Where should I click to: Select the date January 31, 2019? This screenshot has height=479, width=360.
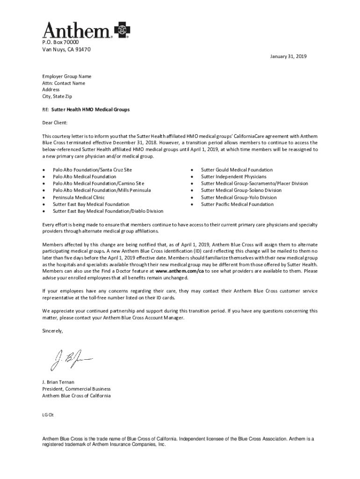click(288, 57)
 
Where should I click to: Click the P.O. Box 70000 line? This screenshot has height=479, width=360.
click(58, 42)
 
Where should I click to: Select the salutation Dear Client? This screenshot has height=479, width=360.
click(55, 123)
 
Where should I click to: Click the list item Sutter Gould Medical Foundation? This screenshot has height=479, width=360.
click(237, 170)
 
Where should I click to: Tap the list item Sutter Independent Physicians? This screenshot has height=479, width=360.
click(233, 177)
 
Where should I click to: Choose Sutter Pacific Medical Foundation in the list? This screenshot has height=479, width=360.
click(237, 204)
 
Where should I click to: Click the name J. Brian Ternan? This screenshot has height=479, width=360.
click(58, 382)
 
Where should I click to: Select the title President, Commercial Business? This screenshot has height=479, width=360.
click(76, 389)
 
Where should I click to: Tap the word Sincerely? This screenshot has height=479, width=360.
click(52, 331)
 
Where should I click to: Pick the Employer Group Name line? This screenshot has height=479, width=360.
click(67, 76)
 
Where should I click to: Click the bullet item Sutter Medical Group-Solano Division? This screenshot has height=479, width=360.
click(241, 190)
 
